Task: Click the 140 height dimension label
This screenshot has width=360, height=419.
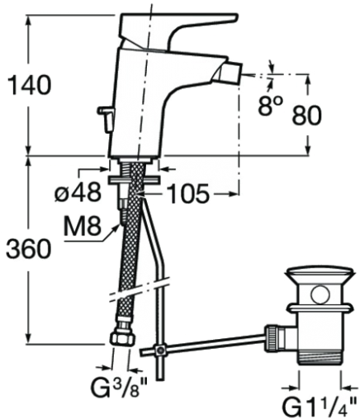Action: [30, 85]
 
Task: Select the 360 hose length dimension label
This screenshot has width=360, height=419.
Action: [29, 248]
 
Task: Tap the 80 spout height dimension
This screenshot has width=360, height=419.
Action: [306, 115]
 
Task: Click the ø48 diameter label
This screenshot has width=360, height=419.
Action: [78, 192]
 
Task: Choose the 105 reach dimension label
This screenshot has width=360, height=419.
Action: [188, 194]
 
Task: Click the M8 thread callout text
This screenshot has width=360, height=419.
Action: [83, 226]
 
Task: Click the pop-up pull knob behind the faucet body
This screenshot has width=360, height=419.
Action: [106, 118]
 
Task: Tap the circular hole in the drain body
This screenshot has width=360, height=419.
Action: [320, 294]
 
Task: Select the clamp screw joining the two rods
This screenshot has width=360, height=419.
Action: [159, 350]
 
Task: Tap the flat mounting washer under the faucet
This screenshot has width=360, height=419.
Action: [134, 181]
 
